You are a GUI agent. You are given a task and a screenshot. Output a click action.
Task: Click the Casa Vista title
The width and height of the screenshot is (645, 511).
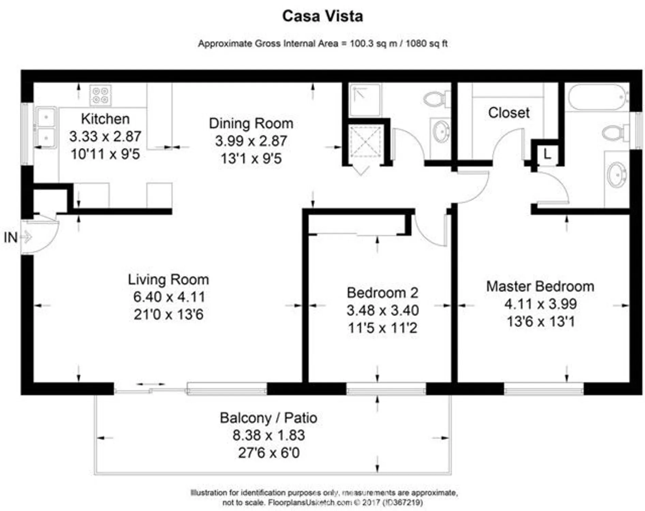[322, 16]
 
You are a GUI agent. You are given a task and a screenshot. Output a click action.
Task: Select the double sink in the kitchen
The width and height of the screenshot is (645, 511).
[46, 127]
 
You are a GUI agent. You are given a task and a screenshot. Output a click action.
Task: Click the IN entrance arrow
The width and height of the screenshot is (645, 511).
[26, 237]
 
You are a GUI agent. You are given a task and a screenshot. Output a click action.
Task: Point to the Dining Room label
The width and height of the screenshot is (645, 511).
[251, 123]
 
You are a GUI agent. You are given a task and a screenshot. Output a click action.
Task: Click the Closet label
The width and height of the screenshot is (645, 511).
[508, 113]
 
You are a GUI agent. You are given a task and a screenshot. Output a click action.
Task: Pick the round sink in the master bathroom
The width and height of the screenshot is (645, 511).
[617, 175]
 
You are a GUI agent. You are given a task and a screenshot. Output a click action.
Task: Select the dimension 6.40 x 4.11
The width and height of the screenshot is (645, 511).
[169, 297]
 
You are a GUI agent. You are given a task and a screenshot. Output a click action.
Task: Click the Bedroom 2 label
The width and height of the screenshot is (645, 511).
[382, 293]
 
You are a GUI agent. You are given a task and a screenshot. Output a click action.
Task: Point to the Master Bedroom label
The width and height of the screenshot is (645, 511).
[540, 286]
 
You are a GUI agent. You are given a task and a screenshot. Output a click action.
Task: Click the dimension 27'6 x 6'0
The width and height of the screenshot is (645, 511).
[268, 453]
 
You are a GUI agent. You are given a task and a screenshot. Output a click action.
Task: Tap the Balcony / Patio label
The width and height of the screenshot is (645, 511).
[268, 418]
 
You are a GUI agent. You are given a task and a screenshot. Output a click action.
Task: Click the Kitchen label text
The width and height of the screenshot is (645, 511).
[105, 119]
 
